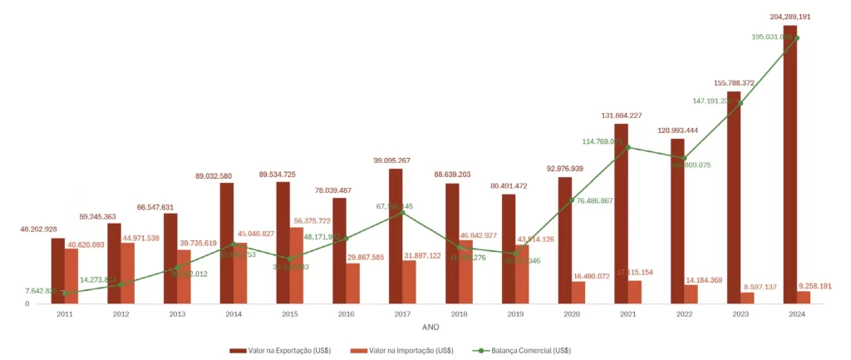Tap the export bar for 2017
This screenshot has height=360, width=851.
pos(396,236)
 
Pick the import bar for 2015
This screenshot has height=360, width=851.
pos(297,265)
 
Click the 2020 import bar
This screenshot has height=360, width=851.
pos(578,293)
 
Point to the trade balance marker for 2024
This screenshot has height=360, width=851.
pos(796,37)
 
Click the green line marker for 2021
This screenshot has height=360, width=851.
pos(627,148)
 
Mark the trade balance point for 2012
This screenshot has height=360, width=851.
pos(121,284)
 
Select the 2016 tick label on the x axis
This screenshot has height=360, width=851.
pos(346,314)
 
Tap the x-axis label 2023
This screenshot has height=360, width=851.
pos(740,314)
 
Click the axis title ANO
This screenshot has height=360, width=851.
pos(430,327)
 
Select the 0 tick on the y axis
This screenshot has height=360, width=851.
pos(27,304)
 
